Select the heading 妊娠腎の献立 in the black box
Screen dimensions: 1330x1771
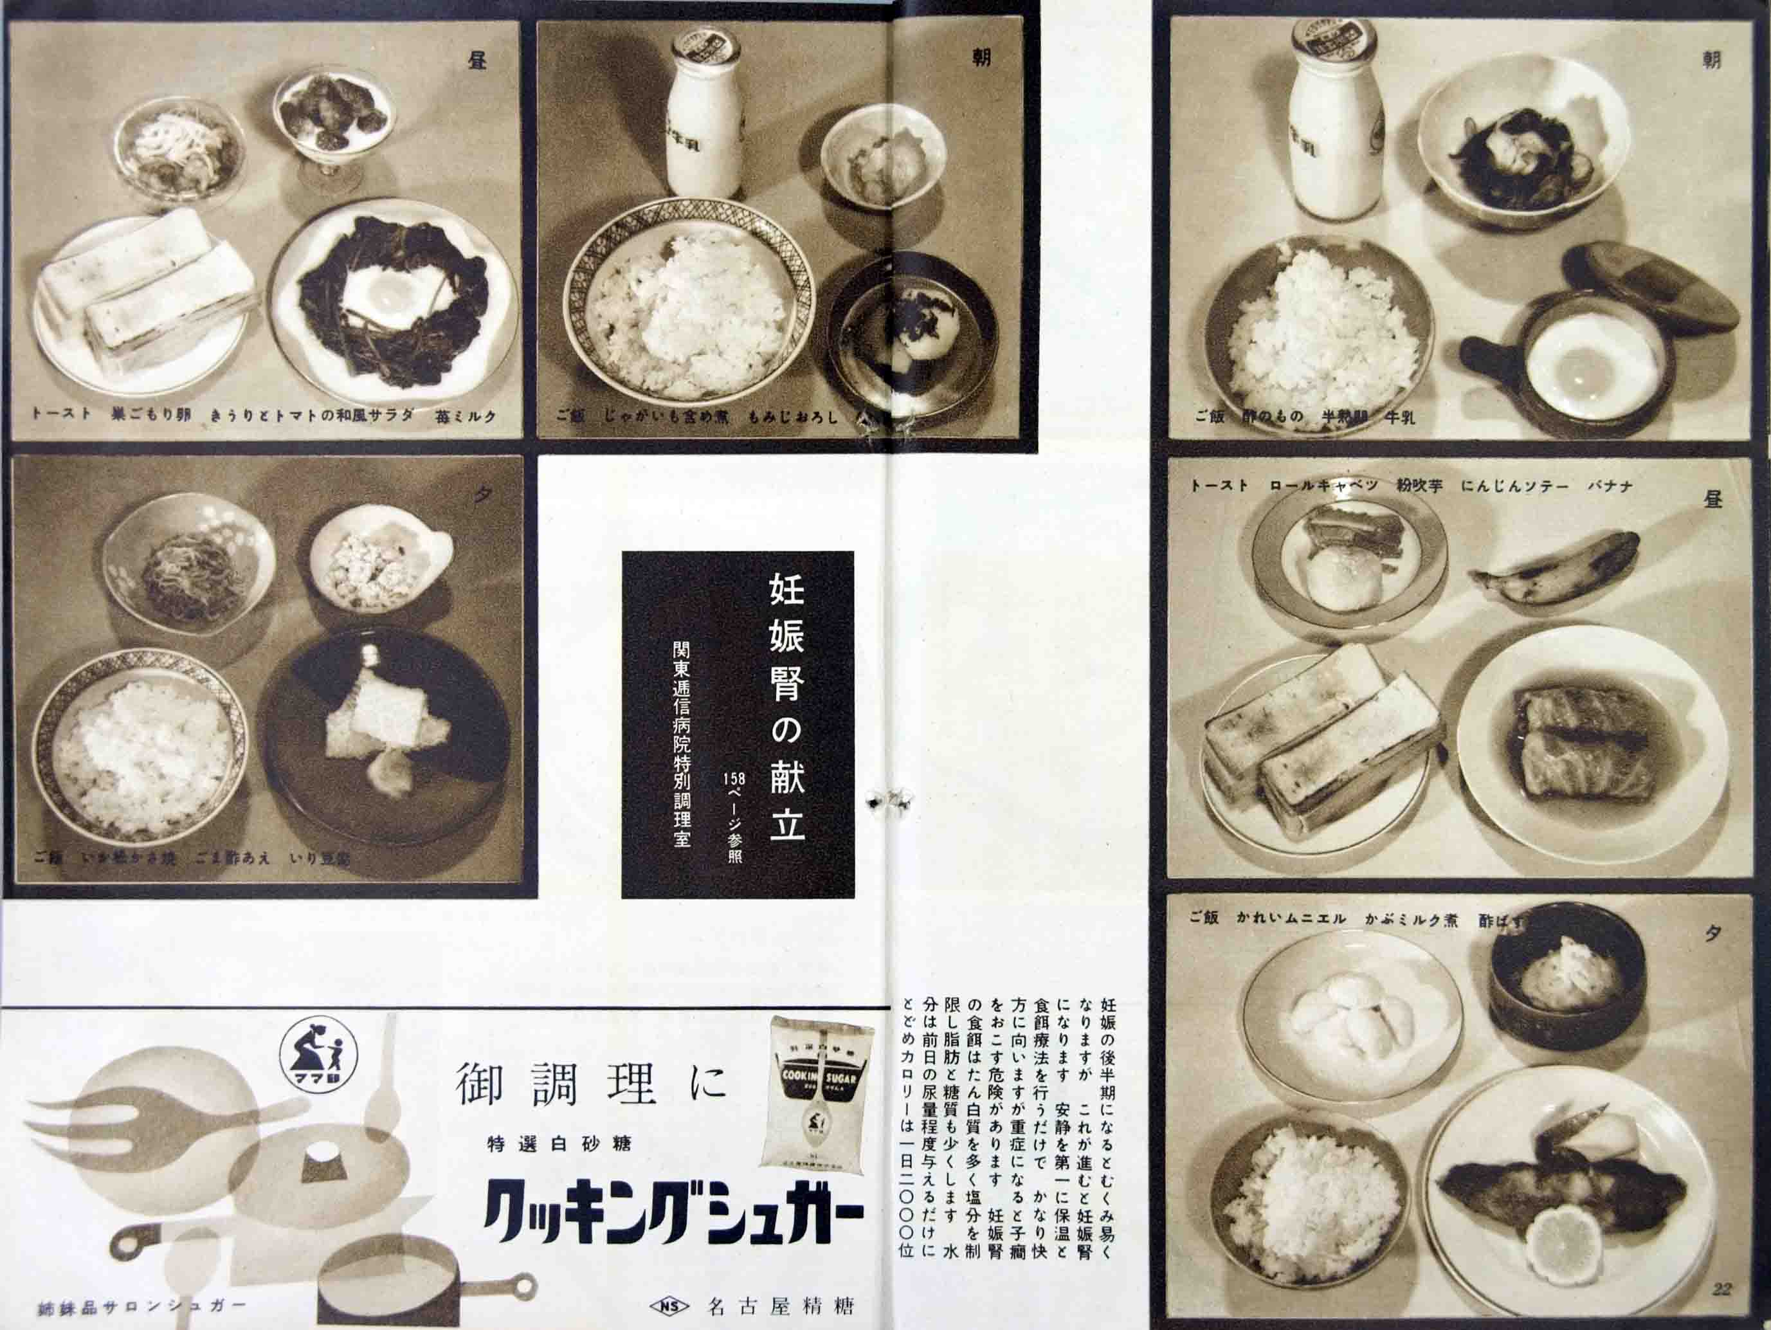[786, 706]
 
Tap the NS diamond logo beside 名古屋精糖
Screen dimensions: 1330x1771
[672, 1307]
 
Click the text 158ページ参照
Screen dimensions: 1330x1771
[734, 816]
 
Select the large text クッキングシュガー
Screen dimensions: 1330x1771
[673, 1216]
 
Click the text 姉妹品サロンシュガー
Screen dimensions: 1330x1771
[141, 1308]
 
